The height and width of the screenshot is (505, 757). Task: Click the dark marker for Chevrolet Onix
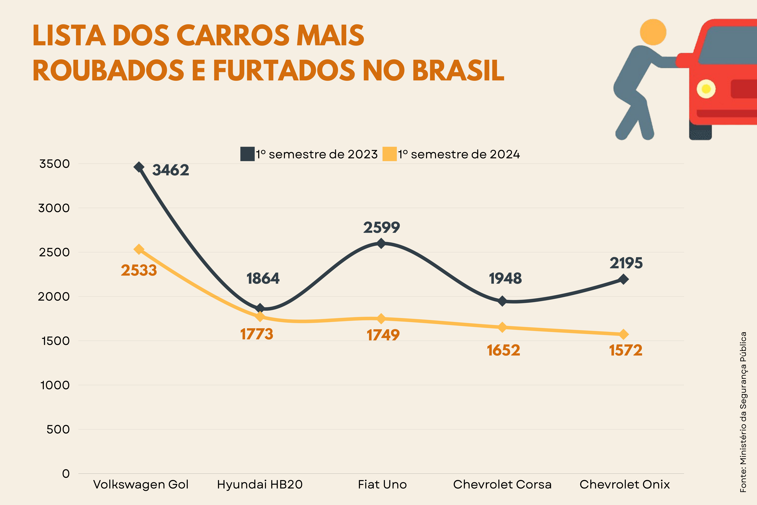click(x=623, y=279)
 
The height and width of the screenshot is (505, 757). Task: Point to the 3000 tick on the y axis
click(x=54, y=208)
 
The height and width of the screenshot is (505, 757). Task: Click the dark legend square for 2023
click(x=247, y=154)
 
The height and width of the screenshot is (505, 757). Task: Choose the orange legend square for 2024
click(x=389, y=154)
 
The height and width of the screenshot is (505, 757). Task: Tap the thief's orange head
click(x=653, y=32)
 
